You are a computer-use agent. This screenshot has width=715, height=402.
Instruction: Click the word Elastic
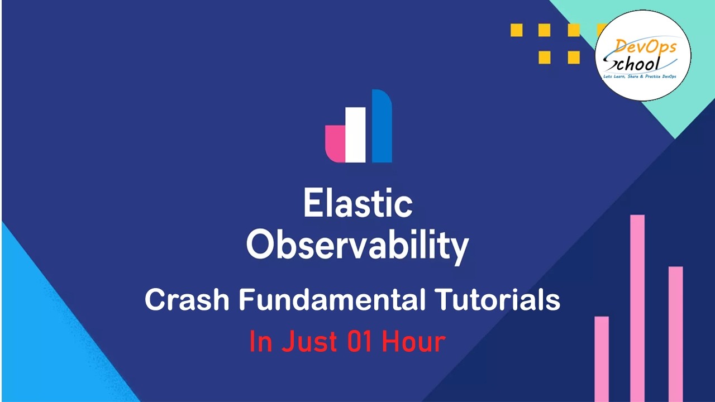358,204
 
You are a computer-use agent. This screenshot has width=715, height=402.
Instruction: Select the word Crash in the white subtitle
187,300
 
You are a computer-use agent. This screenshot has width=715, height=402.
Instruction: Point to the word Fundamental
330,300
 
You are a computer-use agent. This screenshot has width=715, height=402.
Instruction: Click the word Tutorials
497,300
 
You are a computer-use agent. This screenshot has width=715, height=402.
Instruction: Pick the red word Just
308,341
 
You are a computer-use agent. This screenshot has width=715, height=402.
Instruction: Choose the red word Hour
413,341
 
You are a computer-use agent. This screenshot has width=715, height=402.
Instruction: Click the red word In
261,341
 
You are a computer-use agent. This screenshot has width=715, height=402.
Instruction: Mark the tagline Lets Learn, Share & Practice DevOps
642,75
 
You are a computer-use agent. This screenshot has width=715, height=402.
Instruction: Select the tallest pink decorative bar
637,307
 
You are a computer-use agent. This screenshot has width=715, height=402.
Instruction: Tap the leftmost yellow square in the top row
517,30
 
